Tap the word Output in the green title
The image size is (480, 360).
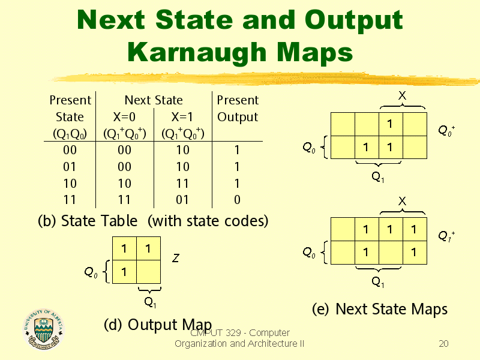(353, 21)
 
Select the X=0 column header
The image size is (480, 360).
(124, 117)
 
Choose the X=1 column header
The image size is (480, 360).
(182, 117)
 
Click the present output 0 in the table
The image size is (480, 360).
(237, 200)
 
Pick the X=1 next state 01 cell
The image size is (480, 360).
(182, 200)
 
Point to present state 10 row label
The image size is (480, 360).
(70, 184)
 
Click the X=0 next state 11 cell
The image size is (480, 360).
(124, 200)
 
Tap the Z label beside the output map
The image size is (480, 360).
(176, 259)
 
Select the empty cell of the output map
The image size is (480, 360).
(148, 272)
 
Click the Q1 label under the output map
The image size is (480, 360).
(151, 302)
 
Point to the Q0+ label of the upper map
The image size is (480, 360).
(446, 130)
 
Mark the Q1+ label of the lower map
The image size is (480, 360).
(446, 236)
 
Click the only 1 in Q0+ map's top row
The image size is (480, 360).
(389, 124)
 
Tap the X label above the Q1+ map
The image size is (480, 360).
(402, 201)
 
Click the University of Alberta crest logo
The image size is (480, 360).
(44, 329)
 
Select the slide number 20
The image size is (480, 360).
(443, 344)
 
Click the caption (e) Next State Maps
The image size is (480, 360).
(380, 309)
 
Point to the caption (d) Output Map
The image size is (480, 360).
(158, 325)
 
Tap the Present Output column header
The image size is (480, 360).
(238, 109)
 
